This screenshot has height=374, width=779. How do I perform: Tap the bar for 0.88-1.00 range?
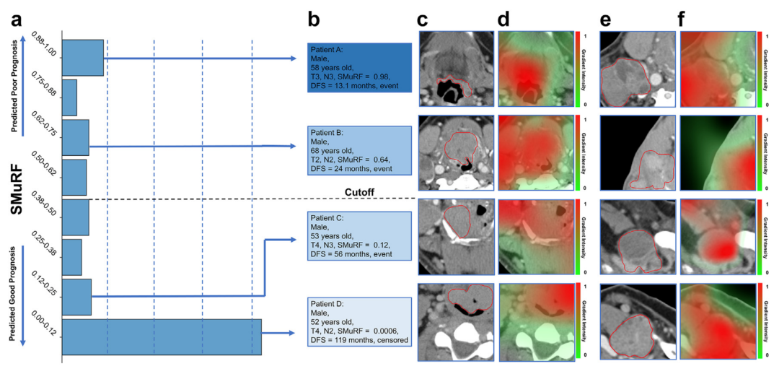(82, 58)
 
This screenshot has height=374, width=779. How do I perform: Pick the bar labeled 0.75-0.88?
(69, 97)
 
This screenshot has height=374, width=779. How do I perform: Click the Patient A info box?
(358, 68)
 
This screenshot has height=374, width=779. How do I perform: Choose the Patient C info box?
(358, 237)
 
